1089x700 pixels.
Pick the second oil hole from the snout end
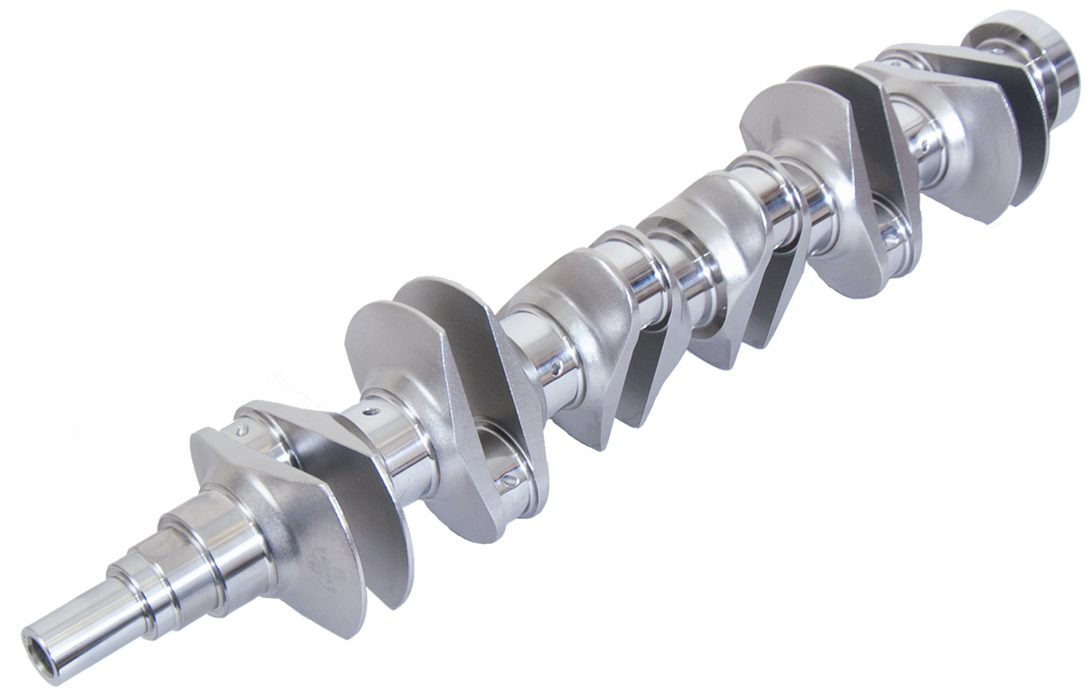[369, 417]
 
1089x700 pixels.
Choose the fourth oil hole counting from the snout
[558, 367]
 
